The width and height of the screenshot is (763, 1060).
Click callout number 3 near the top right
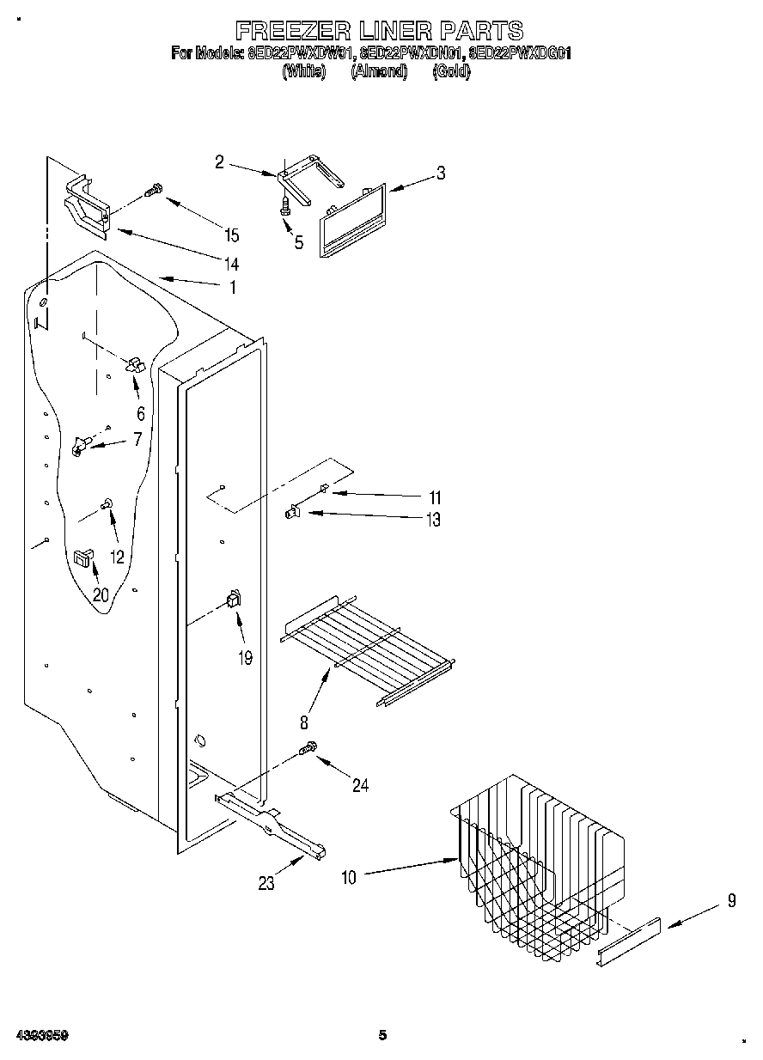[441, 173]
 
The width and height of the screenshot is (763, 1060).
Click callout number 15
[231, 235]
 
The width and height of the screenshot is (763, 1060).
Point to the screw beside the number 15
[155, 191]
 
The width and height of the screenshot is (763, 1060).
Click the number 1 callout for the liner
[232, 288]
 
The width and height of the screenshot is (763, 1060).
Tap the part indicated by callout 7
[81, 445]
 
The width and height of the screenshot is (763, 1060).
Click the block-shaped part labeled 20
[83, 557]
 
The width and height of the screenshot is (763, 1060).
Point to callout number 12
[117, 557]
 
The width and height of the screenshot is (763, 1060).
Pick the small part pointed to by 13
[292, 513]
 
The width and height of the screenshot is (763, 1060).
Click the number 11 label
[435, 497]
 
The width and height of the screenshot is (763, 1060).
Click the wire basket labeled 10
[533, 868]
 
